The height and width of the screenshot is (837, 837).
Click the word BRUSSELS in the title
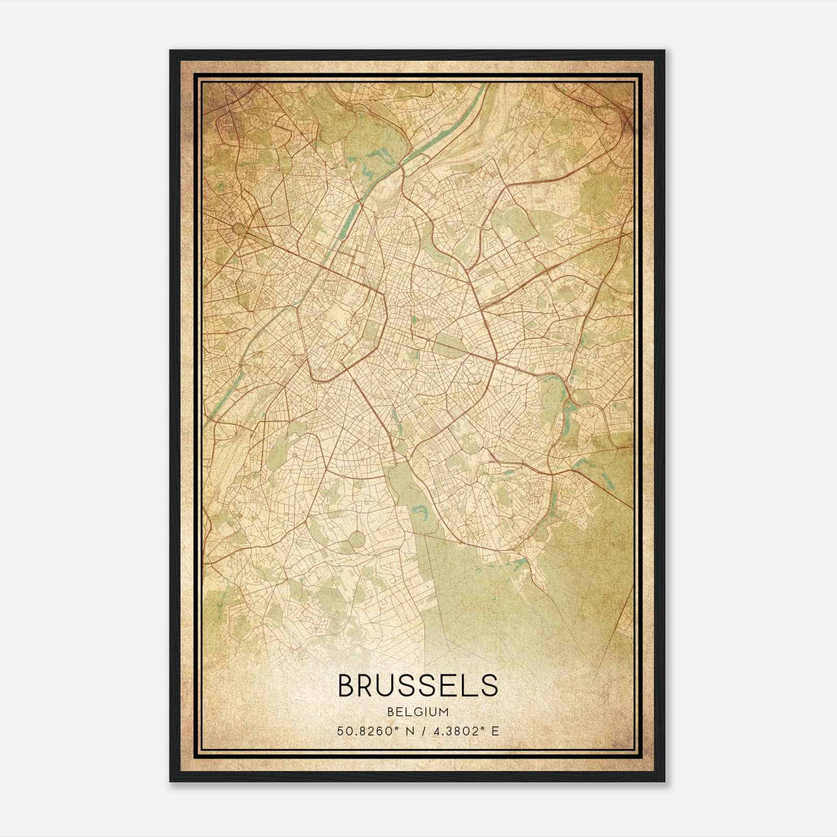[x=418, y=685]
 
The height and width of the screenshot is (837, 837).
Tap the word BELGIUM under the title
[x=418, y=712]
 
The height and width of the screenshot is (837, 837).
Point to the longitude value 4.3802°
[x=454, y=731]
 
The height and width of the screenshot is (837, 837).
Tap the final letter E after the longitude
[x=495, y=731]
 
